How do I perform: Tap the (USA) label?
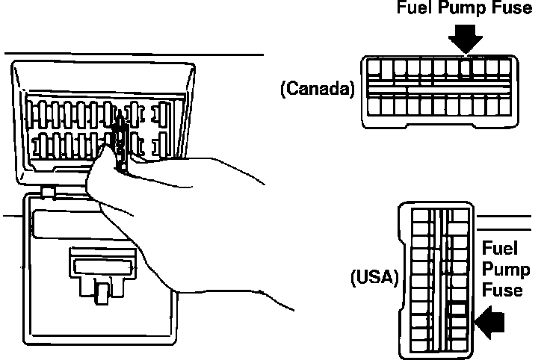tap(375, 278)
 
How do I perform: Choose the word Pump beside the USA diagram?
tap(504, 269)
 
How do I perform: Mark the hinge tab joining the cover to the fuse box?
tap(49, 192)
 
